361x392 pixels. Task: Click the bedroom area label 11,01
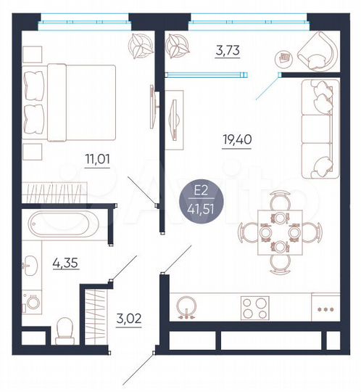[x=98, y=160]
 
